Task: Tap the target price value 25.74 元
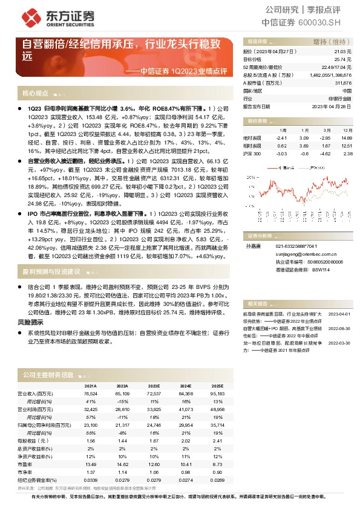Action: pyautogui.click(x=342, y=59)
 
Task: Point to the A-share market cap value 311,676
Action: pyautogui.click(x=342, y=82)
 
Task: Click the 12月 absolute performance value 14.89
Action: pyautogui.click(x=347, y=138)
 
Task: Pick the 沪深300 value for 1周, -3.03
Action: pyautogui.click(x=281, y=154)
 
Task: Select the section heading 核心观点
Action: pyautogui.click(x=35, y=94)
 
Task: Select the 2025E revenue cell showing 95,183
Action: pyautogui.click(x=217, y=393)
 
